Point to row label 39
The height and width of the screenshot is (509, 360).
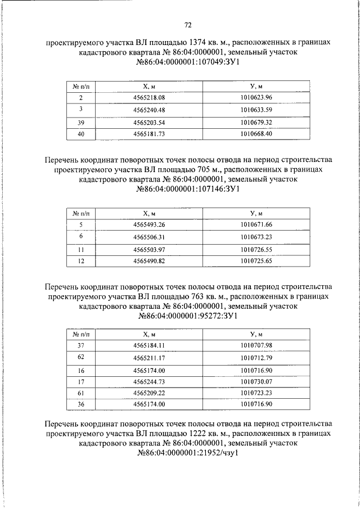click(x=81, y=122)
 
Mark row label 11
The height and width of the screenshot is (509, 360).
click(x=81, y=249)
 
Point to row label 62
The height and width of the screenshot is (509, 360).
click(x=81, y=358)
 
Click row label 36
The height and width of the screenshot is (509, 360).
click(x=81, y=404)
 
